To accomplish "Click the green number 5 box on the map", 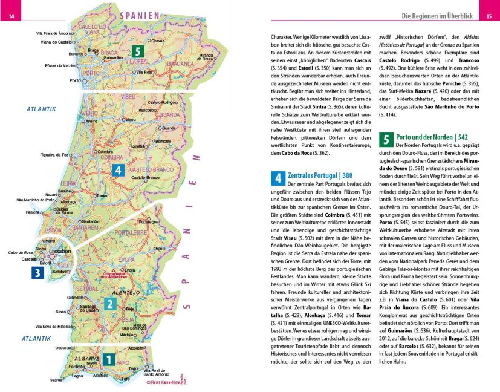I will click(x=139, y=52).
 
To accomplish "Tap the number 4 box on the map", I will click(x=119, y=170).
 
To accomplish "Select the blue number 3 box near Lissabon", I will click(x=37, y=273).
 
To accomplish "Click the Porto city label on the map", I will click(x=76, y=80).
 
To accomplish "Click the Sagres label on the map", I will click(x=56, y=381).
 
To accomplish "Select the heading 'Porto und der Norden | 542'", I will click(x=434, y=138).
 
